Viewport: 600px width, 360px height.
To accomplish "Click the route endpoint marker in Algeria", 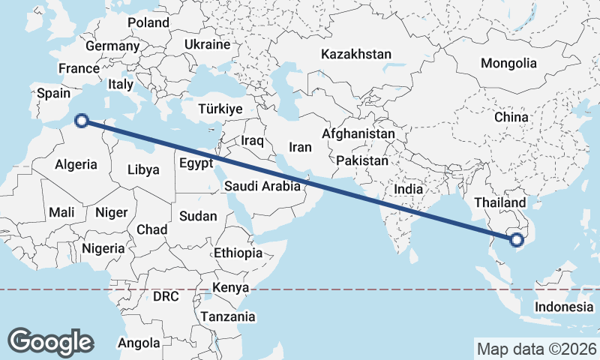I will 82,120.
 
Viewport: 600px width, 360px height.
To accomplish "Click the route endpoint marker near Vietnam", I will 516,240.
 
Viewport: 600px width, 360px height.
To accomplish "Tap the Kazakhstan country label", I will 356,54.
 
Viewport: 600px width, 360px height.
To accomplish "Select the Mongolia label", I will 508,64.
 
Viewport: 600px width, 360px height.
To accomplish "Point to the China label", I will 511,118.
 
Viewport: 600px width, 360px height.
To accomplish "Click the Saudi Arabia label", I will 262,185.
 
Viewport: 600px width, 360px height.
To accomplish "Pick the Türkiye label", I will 220,109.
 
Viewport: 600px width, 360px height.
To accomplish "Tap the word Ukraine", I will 207,44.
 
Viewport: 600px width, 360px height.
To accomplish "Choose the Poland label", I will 148,23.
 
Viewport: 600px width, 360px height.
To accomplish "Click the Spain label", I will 53,94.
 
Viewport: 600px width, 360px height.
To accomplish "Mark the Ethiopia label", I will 238,253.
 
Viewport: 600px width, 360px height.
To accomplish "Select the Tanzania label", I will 227,316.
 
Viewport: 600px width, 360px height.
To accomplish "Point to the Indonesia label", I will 564,307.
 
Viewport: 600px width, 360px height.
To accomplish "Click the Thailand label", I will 500,202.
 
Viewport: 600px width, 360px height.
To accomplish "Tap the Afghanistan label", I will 358,133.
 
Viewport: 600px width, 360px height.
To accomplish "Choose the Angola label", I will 139,343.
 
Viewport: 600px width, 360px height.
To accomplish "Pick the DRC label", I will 166,296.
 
